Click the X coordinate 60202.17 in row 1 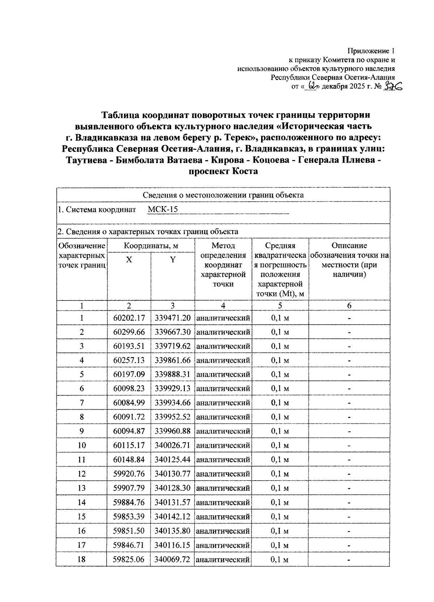[x=129, y=318]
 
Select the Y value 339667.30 [x=173, y=332]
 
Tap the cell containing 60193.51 [x=129, y=346]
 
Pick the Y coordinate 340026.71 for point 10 [x=173, y=445]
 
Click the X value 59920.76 [x=129, y=474]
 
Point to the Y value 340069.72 [x=173, y=559]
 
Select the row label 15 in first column [x=82, y=516]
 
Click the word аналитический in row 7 [x=223, y=403]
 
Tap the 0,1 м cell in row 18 [x=280, y=559]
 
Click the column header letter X [x=129, y=260]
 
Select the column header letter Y [x=173, y=260]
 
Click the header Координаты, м [x=151, y=246]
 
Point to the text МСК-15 [x=163, y=210]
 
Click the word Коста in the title [x=244, y=171]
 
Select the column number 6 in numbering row [x=349, y=306]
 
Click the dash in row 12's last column [x=349, y=474]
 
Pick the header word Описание [x=349, y=246]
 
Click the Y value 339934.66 [x=173, y=403]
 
